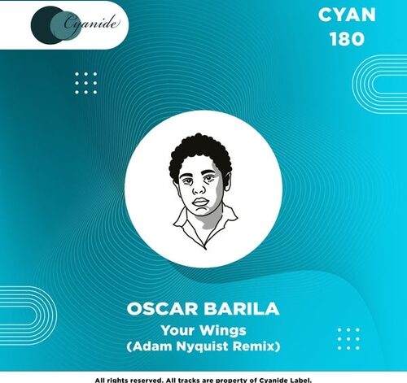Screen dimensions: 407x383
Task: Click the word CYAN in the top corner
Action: [347, 15]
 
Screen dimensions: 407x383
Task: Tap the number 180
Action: [347, 39]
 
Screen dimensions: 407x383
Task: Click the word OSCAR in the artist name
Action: [162, 309]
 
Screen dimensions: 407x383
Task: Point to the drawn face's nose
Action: [199, 188]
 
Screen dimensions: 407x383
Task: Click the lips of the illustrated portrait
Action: [200, 202]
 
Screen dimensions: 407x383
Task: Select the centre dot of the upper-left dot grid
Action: [86, 83]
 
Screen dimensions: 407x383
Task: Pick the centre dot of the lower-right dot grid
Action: [348, 339]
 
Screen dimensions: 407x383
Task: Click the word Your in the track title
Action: [177, 330]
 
